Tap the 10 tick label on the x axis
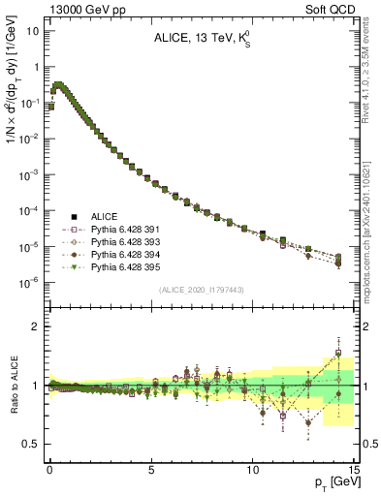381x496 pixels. (252, 470)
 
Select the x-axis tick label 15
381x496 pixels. (354, 470)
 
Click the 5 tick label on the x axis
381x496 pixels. (151, 470)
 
